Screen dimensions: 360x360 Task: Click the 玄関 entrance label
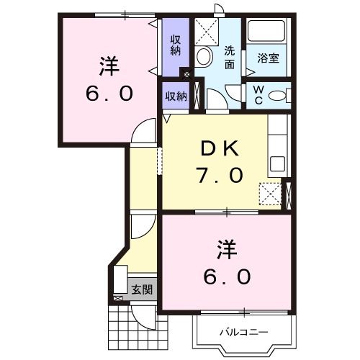(x=142, y=290)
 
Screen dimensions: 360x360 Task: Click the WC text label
(x=257, y=94)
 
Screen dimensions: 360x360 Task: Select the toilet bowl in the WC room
(x=279, y=94)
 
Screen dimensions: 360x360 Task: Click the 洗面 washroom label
(x=230, y=58)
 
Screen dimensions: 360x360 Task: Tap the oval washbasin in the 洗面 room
(x=204, y=57)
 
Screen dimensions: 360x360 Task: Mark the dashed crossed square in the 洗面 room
(x=209, y=32)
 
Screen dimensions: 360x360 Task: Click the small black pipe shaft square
(x=187, y=73)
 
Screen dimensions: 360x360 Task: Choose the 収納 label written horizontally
(x=176, y=96)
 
